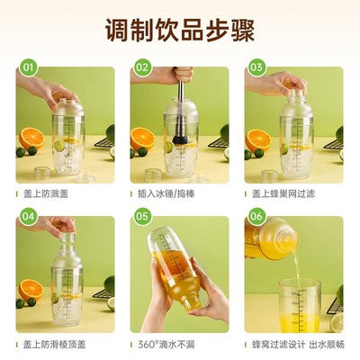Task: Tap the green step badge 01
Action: (x=28, y=67)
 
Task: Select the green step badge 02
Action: (x=142, y=67)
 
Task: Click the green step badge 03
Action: (x=256, y=67)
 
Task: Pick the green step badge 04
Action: (x=28, y=216)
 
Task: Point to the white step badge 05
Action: (x=142, y=216)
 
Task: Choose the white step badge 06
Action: (x=256, y=216)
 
